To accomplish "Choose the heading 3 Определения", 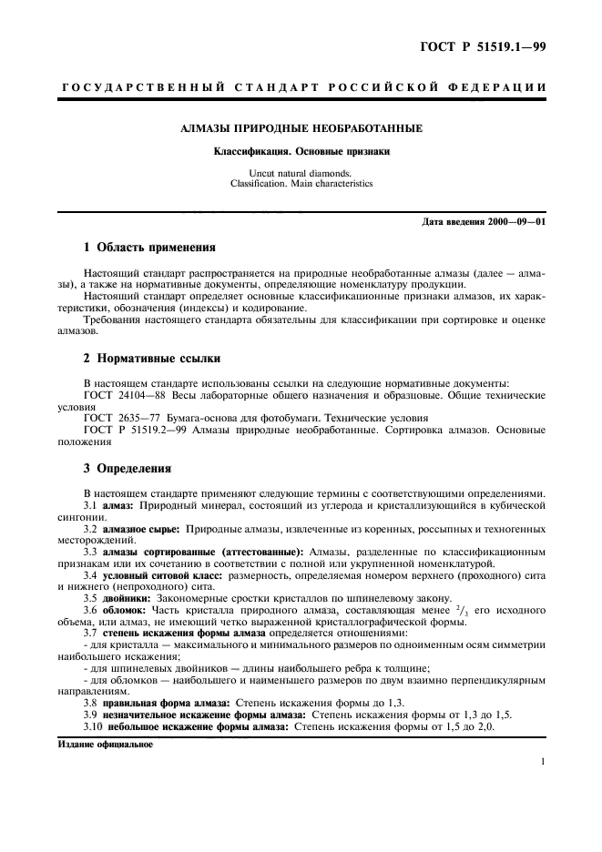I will coord(128,470).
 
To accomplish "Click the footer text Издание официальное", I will coord(97,744).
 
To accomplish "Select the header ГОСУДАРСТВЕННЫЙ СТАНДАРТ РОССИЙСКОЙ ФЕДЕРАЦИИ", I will coord(301,87).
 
